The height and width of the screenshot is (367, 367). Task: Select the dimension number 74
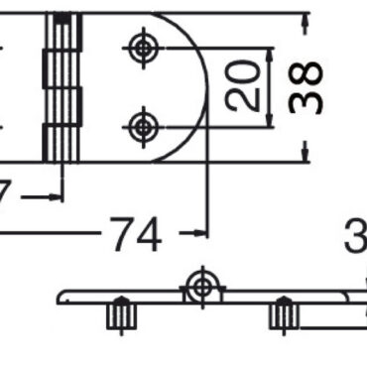pyautogui.click(x=135, y=236)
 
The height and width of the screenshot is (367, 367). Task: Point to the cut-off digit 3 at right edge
pyautogui.click(x=356, y=238)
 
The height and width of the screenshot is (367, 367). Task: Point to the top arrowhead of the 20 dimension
pyautogui.click(x=269, y=52)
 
